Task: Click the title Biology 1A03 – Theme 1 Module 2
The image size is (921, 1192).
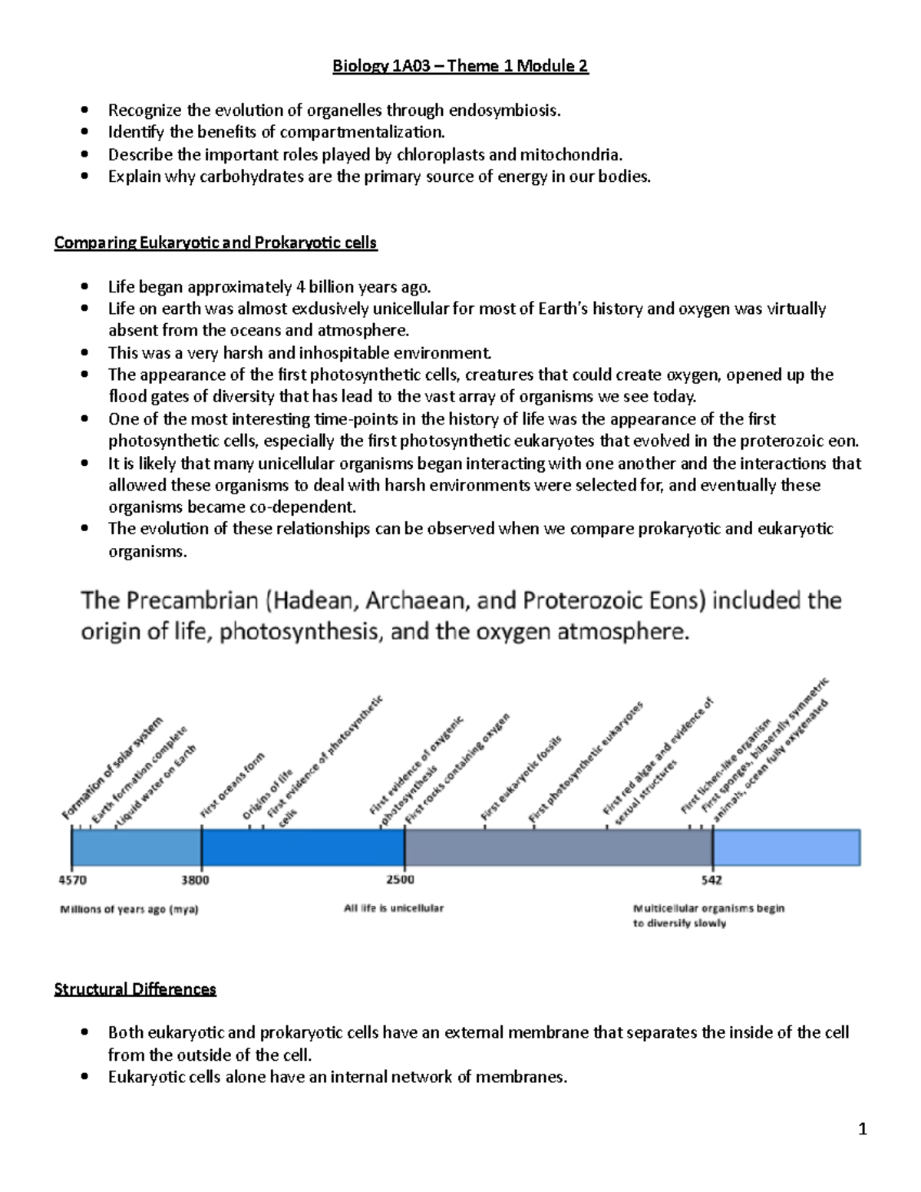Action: [x=460, y=66]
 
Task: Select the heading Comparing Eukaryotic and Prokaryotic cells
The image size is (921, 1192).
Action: [x=215, y=243]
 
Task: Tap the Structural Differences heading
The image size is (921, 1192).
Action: [x=135, y=989]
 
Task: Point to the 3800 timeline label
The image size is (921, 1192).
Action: [x=196, y=880]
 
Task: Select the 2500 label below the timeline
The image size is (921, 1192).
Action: [x=400, y=880]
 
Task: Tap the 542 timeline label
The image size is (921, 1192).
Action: [x=711, y=880]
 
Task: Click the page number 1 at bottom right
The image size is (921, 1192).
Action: [x=863, y=1128]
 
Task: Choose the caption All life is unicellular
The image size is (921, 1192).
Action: [x=394, y=908]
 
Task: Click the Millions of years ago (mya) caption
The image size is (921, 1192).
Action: [x=129, y=910]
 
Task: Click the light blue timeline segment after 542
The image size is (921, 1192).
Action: [x=786, y=847]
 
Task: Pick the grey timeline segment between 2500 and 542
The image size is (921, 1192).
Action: [x=558, y=847]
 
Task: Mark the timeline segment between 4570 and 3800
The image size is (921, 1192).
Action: [x=136, y=847]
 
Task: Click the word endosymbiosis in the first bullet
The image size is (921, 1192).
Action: [x=504, y=111]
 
